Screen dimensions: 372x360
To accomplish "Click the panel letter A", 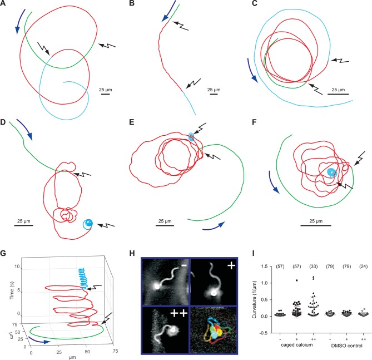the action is point(3,4).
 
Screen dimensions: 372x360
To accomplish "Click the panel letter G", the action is point(3,253).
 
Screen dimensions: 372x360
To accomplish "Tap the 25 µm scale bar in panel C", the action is point(338,94).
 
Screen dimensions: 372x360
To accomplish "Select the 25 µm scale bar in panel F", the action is point(316,225).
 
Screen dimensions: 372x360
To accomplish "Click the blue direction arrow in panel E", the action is point(214,227).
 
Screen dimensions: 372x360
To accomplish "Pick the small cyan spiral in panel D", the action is point(88,224).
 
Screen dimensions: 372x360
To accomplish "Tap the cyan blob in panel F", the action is point(331,172).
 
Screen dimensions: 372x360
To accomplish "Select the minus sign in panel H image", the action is point(185,265).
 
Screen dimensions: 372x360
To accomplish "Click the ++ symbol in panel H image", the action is point(179,313).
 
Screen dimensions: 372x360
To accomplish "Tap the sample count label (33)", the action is point(314,267).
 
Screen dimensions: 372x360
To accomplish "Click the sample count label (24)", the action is point(363,267).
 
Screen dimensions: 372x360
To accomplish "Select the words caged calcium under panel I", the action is point(296,345).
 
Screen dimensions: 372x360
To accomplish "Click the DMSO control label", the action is point(346,346).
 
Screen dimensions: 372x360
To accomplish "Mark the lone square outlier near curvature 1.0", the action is point(296,280).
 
